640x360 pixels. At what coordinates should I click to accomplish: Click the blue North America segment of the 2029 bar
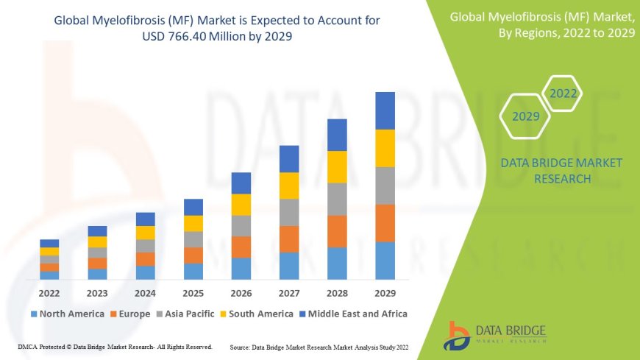coord(385,261)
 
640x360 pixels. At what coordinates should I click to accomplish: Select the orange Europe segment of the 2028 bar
coord(337,231)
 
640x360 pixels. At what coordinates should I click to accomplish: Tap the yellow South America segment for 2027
coord(289,186)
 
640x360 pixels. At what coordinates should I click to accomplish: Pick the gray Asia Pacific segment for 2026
coord(241,225)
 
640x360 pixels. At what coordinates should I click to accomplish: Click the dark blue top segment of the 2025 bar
coord(193,207)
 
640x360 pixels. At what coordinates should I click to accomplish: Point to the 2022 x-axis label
coord(49,292)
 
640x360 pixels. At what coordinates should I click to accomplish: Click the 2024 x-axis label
coord(146,292)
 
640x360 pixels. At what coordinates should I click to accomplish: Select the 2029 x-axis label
coord(385,292)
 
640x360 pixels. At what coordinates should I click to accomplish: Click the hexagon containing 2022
coord(563,94)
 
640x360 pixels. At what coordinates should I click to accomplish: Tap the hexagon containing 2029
coord(526,116)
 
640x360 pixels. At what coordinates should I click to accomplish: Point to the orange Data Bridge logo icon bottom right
coord(458,335)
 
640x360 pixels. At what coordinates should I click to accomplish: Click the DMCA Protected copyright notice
coord(115,347)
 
